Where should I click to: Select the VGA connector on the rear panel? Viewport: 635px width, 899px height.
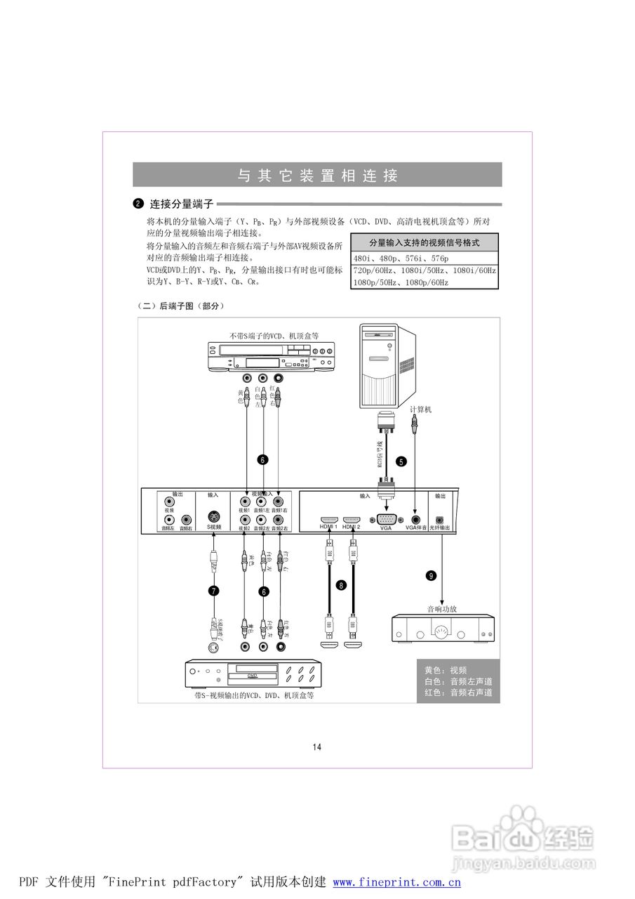pos(386,520)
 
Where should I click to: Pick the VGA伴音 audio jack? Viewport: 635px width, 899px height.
pos(415,519)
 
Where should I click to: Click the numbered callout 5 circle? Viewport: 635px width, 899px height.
pos(401,462)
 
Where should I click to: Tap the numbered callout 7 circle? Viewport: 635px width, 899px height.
pos(214,591)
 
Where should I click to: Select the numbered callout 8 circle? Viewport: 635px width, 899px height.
pos(342,585)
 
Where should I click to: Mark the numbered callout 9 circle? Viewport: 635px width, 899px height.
pos(431,575)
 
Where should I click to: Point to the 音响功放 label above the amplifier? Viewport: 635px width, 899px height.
pos(442,609)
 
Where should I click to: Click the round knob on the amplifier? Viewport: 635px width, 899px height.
pos(442,630)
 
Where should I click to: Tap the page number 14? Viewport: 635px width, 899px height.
pos(317,747)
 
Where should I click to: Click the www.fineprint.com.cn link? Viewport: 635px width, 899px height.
pos(396,882)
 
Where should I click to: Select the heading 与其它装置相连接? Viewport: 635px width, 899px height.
pos(317,176)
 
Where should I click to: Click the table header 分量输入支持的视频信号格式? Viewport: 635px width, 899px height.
pos(424,243)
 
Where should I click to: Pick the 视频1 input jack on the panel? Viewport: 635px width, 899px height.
pos(244,502)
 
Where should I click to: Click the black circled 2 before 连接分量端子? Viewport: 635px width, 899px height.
pos(138,204)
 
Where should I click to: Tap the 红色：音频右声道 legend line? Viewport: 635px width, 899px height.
pos(458,693)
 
